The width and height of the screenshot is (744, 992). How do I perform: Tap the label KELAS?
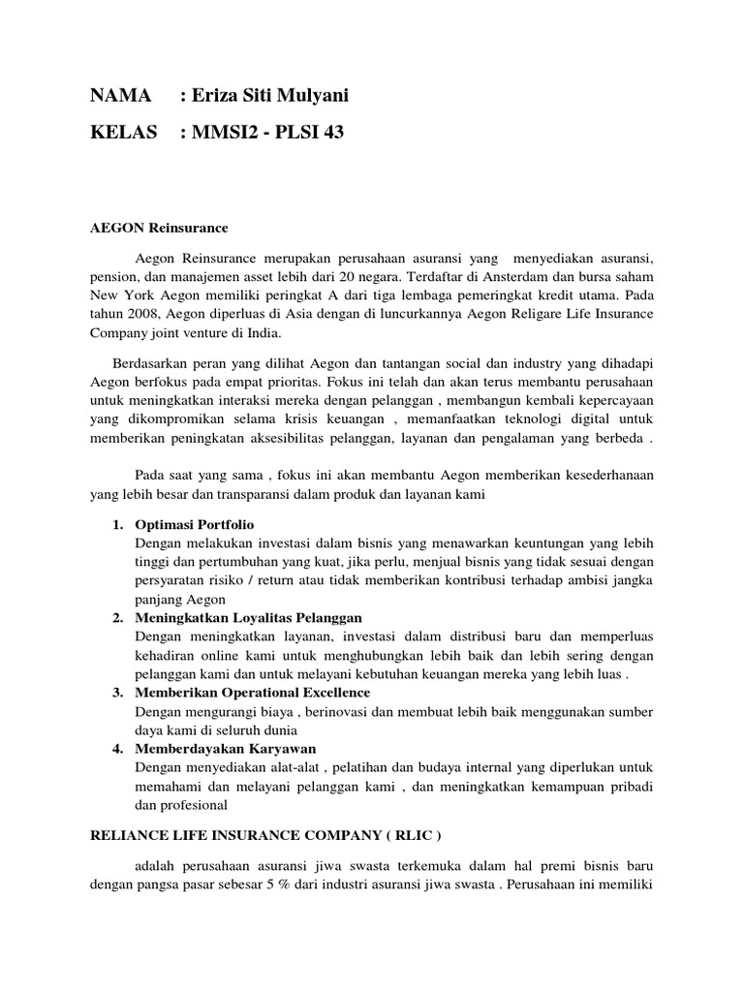[124, 132]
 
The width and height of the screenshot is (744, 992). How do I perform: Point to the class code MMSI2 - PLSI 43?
[268, 132]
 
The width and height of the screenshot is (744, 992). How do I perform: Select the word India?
[261, 334]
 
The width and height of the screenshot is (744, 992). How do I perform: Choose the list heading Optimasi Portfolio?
[194, 524]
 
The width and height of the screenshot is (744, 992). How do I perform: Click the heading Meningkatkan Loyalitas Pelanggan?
[249, 617]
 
